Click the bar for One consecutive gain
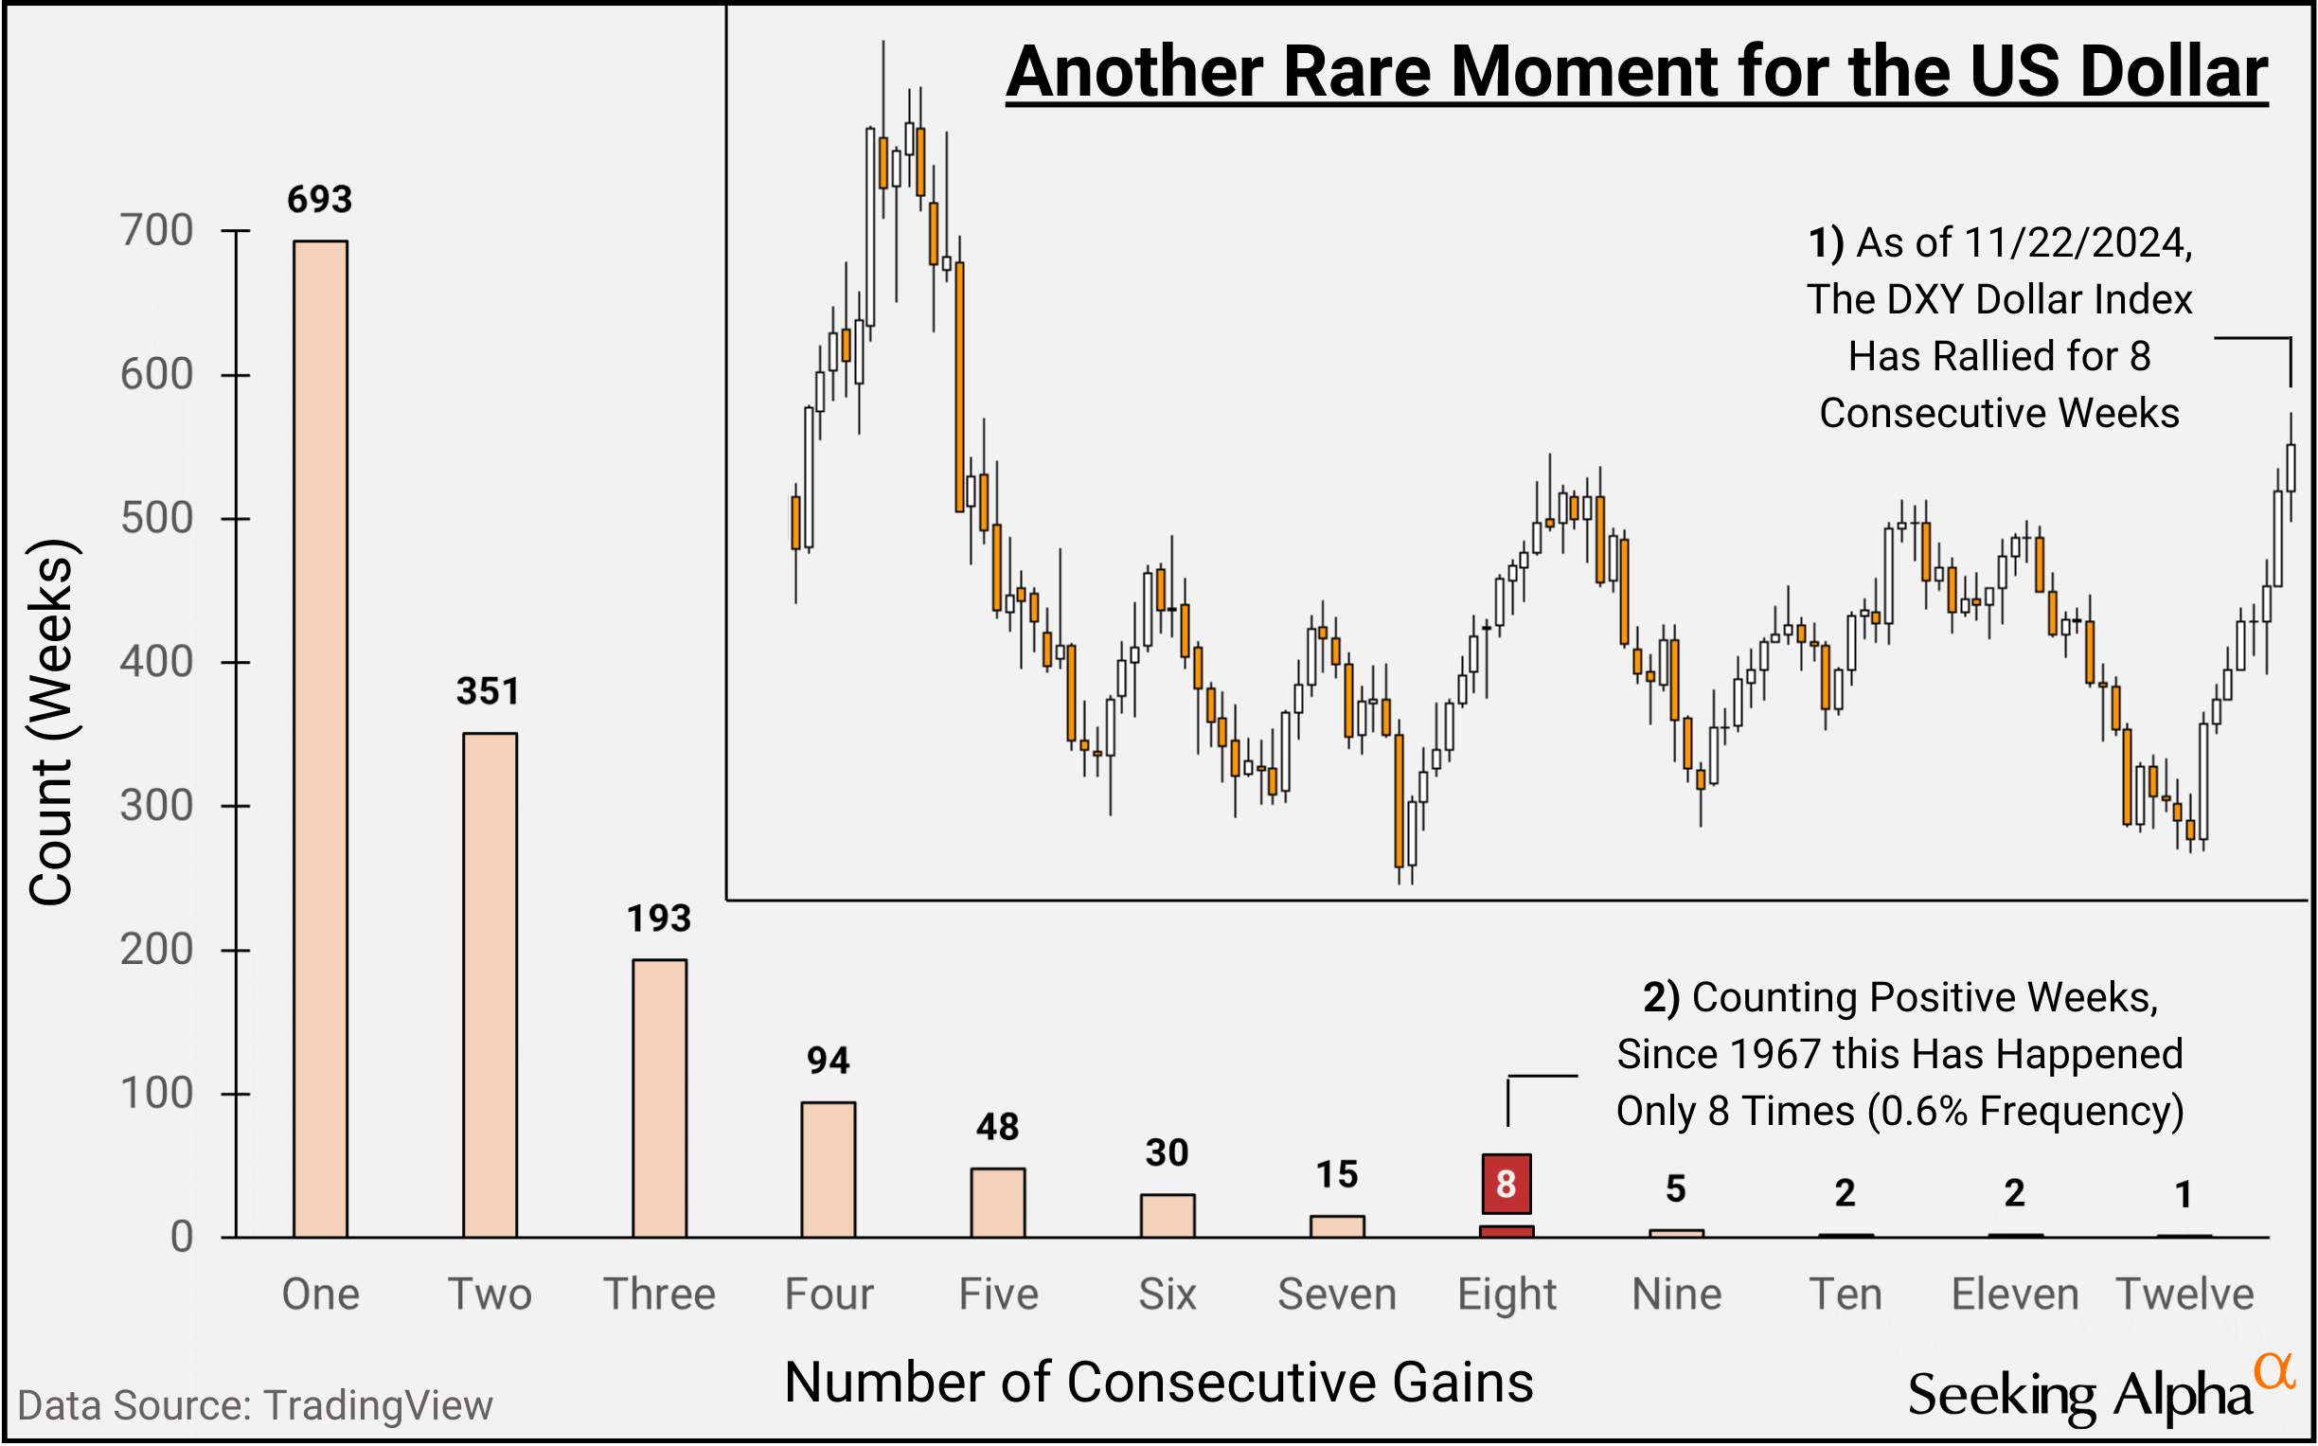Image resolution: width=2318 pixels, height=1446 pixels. click(x=320, y=739)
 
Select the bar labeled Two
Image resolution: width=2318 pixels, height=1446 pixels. click(x=490, y=985)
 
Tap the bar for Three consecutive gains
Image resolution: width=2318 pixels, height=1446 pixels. click(x=659, y=1098)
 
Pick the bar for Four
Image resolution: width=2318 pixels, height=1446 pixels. click(x=829, y=1169)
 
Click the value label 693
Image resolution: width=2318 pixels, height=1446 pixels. click(x=320, y=200)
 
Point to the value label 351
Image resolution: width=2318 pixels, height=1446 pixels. click(x=488, y=691)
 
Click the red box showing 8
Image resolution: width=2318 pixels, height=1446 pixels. click(x=1507, y=1184)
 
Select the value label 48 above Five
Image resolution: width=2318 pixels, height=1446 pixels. click(x=997, y=1128)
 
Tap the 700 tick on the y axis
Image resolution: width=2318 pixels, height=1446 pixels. click(x=157, y=231)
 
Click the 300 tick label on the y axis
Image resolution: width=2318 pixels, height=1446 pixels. click(x=157, y=806)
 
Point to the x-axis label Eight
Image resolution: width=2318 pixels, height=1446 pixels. click(x=1507, y=1294)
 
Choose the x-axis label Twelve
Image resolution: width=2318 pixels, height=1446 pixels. click(x=2185, y=1294)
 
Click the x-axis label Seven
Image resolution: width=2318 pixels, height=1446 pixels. click(x=1337, y=1294)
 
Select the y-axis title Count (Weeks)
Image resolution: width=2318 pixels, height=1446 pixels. click(x=52, y=722)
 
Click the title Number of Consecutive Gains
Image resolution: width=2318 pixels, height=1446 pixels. click(x=1158, y=1383)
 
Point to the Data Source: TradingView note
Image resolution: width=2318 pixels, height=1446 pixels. click(x=256, y=1406)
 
